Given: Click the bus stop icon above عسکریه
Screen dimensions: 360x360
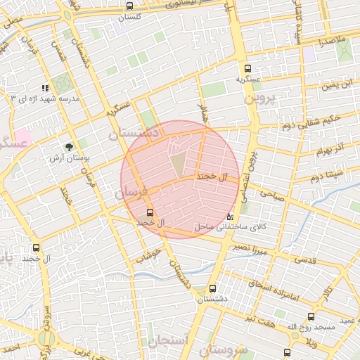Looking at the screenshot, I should (247, 68).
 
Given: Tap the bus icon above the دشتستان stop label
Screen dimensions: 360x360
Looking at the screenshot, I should (212, 288).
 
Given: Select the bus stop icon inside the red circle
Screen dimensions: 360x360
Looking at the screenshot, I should (149, 212).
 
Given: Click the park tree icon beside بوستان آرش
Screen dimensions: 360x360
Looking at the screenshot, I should (69, 147).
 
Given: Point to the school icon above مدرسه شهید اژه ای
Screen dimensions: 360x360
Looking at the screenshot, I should (46, 89).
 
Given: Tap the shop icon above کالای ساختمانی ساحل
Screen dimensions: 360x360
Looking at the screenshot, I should (231, 217).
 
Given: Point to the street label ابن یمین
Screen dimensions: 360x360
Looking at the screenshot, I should (337, 86).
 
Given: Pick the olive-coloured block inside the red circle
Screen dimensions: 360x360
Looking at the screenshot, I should (179, 162).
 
